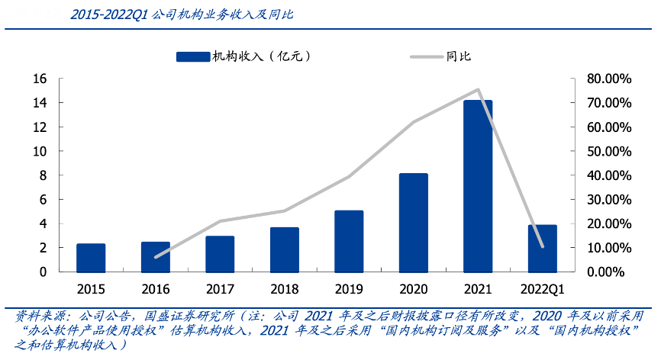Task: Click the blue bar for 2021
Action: point(478,186)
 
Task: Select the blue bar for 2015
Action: point(91,258)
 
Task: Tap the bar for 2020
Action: point(413,223)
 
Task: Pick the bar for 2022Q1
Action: point(542,249)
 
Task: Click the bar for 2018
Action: point(284,249)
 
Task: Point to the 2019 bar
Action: point(349,241)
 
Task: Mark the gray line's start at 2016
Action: point(156,257)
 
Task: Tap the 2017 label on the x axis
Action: point(220,290)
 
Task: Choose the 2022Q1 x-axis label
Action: point(542,290)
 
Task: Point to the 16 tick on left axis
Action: point(40,79)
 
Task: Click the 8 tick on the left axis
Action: point(44,175)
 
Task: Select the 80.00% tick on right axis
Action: point(606,79)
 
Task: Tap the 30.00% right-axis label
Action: point(606,199)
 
